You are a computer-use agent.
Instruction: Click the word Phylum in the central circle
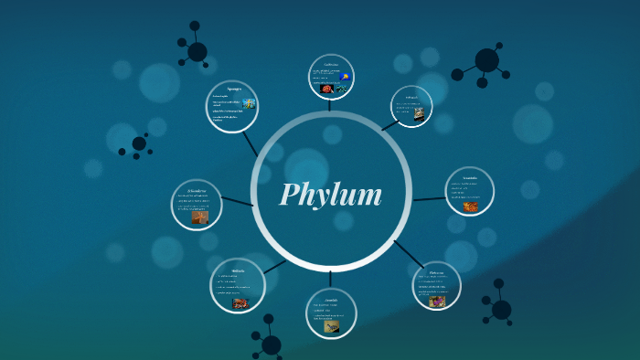pos(330,195)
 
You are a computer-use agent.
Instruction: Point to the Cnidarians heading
pos(331,64)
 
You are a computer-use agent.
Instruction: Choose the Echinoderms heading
pos(197,190)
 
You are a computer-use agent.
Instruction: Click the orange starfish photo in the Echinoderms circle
pos(199,217)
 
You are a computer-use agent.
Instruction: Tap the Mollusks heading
pos(238,270)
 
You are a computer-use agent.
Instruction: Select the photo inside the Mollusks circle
pos(240,302)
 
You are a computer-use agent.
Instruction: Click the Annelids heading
pos(331,300)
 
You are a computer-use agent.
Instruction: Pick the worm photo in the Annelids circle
pos(332,325)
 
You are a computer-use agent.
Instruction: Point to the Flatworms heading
pos(437,270)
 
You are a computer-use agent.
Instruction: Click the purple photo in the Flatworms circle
pos(437,300)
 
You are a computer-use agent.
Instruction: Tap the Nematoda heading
pos(470,177)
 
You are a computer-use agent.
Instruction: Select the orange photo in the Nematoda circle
pos(471,206)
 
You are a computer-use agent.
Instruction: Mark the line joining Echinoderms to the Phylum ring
pos(237,201)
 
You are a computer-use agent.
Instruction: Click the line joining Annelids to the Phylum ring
pos(331,279)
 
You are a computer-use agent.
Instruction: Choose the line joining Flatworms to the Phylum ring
pos(409,254)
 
